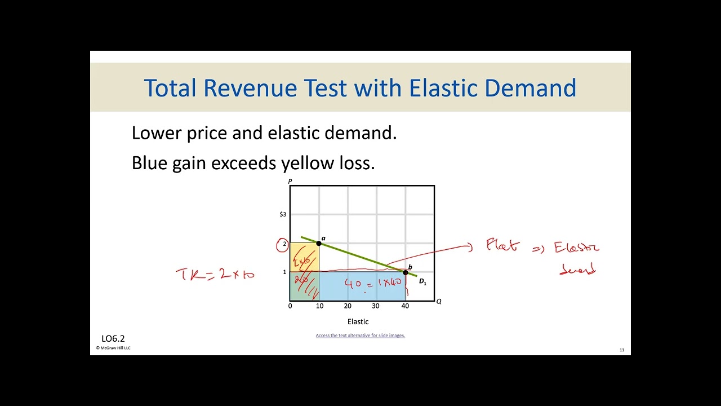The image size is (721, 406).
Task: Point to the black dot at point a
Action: tap(319, 243)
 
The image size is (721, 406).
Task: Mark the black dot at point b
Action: tap(405, 272)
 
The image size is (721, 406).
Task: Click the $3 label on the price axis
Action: tap(283, 214)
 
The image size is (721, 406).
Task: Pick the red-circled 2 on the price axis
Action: tap(283, 245)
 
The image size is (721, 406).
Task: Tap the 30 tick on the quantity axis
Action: tap(376, 306)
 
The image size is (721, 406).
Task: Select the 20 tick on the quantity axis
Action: tap(348, 306)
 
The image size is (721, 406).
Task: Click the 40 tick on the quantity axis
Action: tap(405, 306)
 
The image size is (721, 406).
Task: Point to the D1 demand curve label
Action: tap(422, 281)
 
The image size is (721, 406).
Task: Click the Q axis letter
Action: tap(439, 302)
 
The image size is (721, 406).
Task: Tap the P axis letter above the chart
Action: tap(290, 182)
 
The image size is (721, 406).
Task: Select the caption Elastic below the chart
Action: tap(358, 322)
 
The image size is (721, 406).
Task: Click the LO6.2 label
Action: tap(113, 339)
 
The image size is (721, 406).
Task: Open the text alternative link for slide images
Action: tap(360, 336)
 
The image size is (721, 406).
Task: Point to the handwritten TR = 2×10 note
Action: tap(215, 275)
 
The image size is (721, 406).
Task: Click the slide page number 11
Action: tap(622, 350)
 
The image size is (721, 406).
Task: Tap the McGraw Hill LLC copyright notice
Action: tap(113, 348)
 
